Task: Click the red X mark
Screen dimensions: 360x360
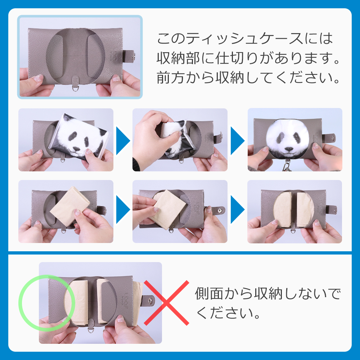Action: click(166, 303)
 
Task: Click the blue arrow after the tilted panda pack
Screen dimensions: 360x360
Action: click(123, 140)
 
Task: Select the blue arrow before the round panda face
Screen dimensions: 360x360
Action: click(237, 140)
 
